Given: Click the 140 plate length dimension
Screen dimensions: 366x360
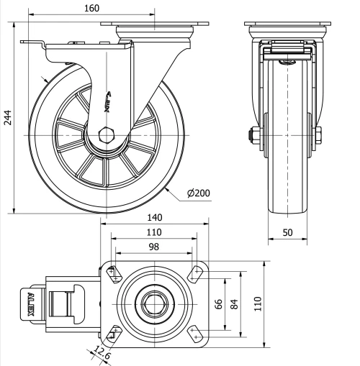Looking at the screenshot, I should click(154, 216).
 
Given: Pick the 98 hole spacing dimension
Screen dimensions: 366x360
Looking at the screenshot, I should click(154, 247).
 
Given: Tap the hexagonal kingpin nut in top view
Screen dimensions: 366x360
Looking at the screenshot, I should click(153, 303).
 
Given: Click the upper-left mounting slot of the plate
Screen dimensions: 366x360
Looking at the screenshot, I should click(114, 273).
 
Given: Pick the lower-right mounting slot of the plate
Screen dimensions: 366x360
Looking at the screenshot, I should click(194, 332).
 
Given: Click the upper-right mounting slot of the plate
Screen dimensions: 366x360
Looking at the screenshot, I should click(194, 273).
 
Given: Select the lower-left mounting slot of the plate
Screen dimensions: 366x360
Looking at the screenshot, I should click(114, 332).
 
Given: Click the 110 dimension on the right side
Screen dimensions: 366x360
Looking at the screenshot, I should click(258, 302).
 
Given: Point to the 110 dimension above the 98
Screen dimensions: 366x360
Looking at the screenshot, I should click(154, 232).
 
